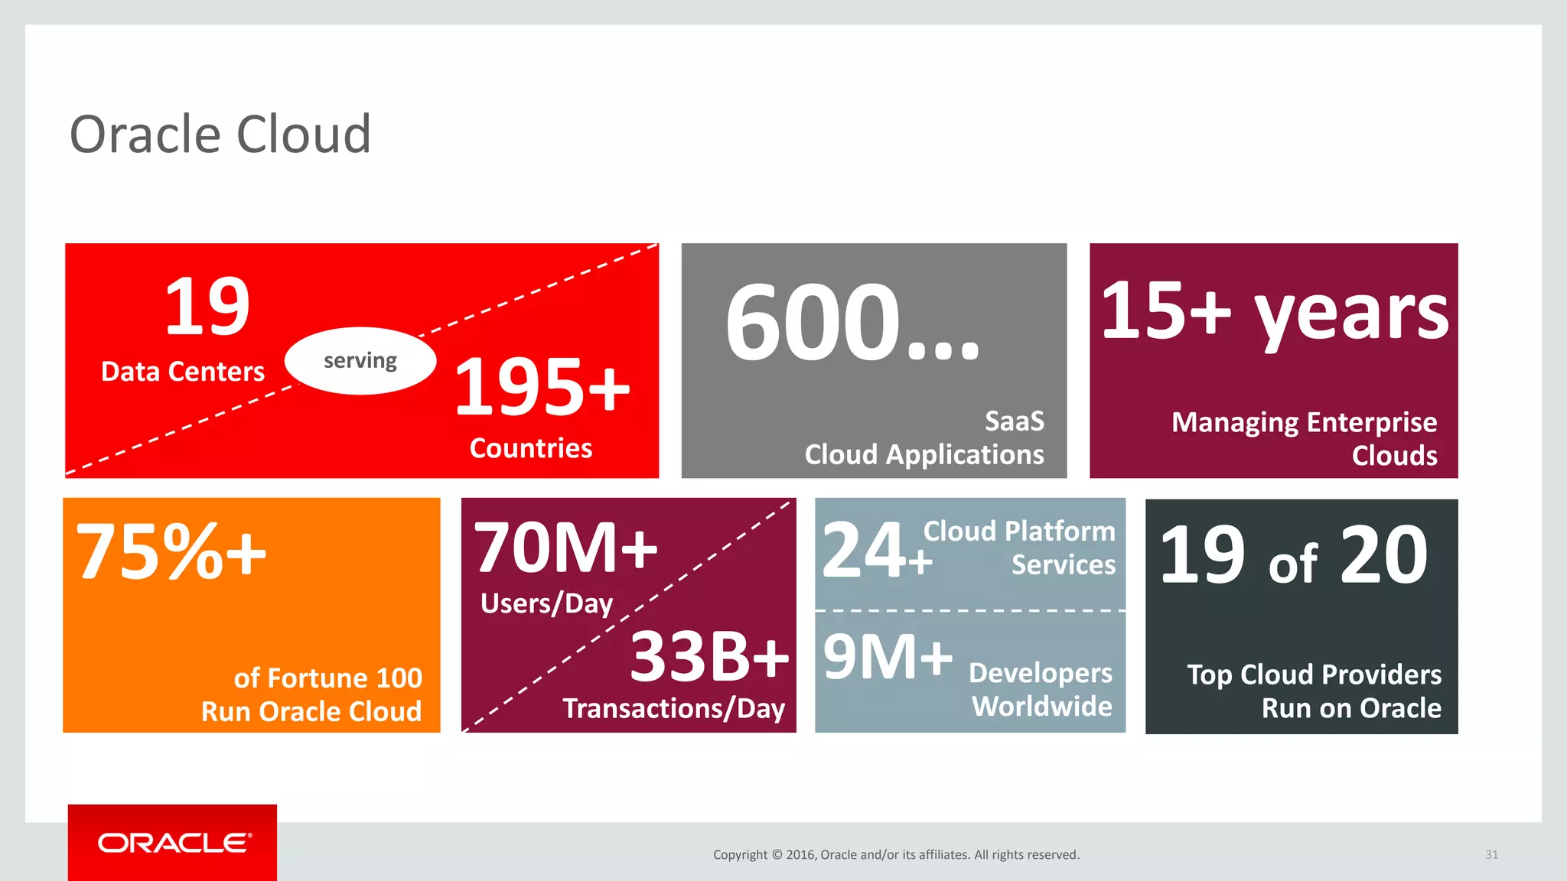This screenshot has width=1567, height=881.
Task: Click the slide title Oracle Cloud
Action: click(220, 135)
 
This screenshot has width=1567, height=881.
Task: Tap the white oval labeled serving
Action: click(360, 361)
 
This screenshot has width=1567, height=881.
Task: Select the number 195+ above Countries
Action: click(542, 388)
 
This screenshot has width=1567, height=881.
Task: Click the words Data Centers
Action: click(183, 372)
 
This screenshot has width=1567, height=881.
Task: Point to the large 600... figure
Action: click(852, 323)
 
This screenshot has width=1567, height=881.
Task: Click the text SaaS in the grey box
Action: click(1014, 421)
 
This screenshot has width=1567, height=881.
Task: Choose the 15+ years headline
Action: click(1274, 311)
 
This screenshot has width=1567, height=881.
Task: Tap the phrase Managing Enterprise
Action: click(1304, 422)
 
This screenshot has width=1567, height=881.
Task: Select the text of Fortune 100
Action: click(327, 678)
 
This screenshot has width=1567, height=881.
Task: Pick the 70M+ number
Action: click(565, 548)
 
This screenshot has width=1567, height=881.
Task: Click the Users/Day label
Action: click(546, 603)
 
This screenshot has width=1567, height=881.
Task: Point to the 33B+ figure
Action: click(709, 657)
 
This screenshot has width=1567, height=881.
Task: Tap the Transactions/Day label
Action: click(673, 709)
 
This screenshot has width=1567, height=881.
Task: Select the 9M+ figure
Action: click(888, 657)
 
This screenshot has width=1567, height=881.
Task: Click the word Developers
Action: click(1041, 673)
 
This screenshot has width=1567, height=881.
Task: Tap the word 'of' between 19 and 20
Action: click(1293, 565)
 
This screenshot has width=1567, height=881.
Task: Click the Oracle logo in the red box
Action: click(174, 843)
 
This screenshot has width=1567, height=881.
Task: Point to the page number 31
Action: click(1491, 855)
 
